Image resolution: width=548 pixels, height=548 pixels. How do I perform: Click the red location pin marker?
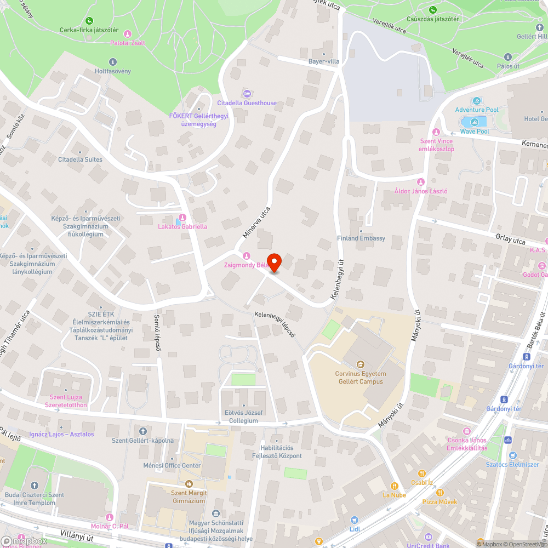point(273,262)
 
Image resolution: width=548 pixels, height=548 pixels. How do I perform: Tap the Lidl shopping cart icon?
point(354,520)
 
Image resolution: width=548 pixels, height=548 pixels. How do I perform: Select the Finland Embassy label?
point(361,238)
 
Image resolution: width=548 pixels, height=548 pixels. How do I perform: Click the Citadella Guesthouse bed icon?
point(246,93)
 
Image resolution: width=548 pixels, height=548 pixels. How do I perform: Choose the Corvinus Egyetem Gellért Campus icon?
point(360,364)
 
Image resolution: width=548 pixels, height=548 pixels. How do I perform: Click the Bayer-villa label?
point(324,61)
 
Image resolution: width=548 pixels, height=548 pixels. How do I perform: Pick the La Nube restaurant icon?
point(394,486)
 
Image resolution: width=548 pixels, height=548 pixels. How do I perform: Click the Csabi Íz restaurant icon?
point(421,473)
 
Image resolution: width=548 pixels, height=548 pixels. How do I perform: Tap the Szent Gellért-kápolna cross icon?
point(143,431)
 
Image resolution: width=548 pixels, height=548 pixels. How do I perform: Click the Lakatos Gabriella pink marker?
point(182,218)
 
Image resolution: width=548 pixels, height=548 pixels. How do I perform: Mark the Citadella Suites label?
point(80,159)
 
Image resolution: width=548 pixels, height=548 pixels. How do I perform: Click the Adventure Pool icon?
point(477,101)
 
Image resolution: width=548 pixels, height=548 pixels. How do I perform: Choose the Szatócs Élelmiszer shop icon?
point(512,455)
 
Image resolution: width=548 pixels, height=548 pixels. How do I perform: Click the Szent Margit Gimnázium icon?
point(189,484)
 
